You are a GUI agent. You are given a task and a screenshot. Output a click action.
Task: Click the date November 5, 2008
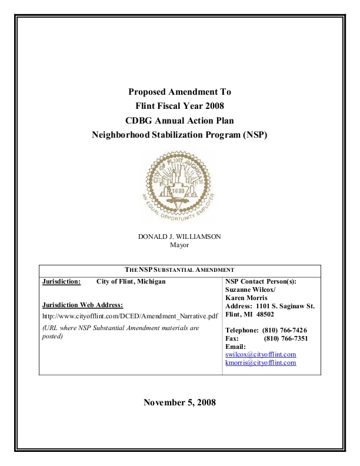tap(179, 403)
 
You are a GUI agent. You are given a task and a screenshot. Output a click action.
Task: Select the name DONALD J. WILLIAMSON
tap(179, 237)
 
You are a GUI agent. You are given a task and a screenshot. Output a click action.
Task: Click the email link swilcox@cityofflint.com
tap(261, 355)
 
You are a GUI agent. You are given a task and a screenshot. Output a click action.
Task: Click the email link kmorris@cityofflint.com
tap(261, 363)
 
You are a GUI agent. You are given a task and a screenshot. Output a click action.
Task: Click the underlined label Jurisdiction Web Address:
tap(83, 305)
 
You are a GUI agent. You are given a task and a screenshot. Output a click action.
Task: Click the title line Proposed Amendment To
tap(179, 92)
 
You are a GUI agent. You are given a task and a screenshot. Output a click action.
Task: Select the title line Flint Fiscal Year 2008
tap(179, 106)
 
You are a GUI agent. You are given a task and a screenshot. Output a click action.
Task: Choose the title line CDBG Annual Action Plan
tap(179, 121)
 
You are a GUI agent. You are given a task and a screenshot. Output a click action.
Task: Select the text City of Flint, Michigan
tap(131, 281)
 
